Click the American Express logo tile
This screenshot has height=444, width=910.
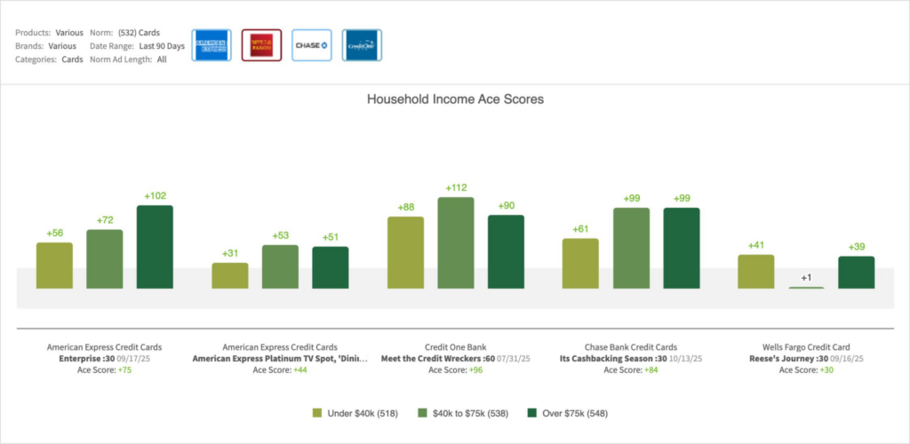211,44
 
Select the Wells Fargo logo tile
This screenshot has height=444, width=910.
261,44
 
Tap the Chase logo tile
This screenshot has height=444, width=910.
312,44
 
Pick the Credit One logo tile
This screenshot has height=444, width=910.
362,44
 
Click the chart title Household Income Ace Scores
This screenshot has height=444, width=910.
455,99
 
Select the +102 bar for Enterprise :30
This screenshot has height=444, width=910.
155,247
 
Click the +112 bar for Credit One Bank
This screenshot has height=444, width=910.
456,242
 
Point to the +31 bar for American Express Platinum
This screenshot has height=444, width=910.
230,275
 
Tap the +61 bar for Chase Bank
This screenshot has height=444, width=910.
580,263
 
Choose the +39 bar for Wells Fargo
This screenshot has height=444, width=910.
856,272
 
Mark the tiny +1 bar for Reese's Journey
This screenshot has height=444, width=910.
806,287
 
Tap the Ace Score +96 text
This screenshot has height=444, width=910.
455,369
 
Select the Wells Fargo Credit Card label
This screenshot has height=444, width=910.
806,347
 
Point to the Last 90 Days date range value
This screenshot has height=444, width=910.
162,46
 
